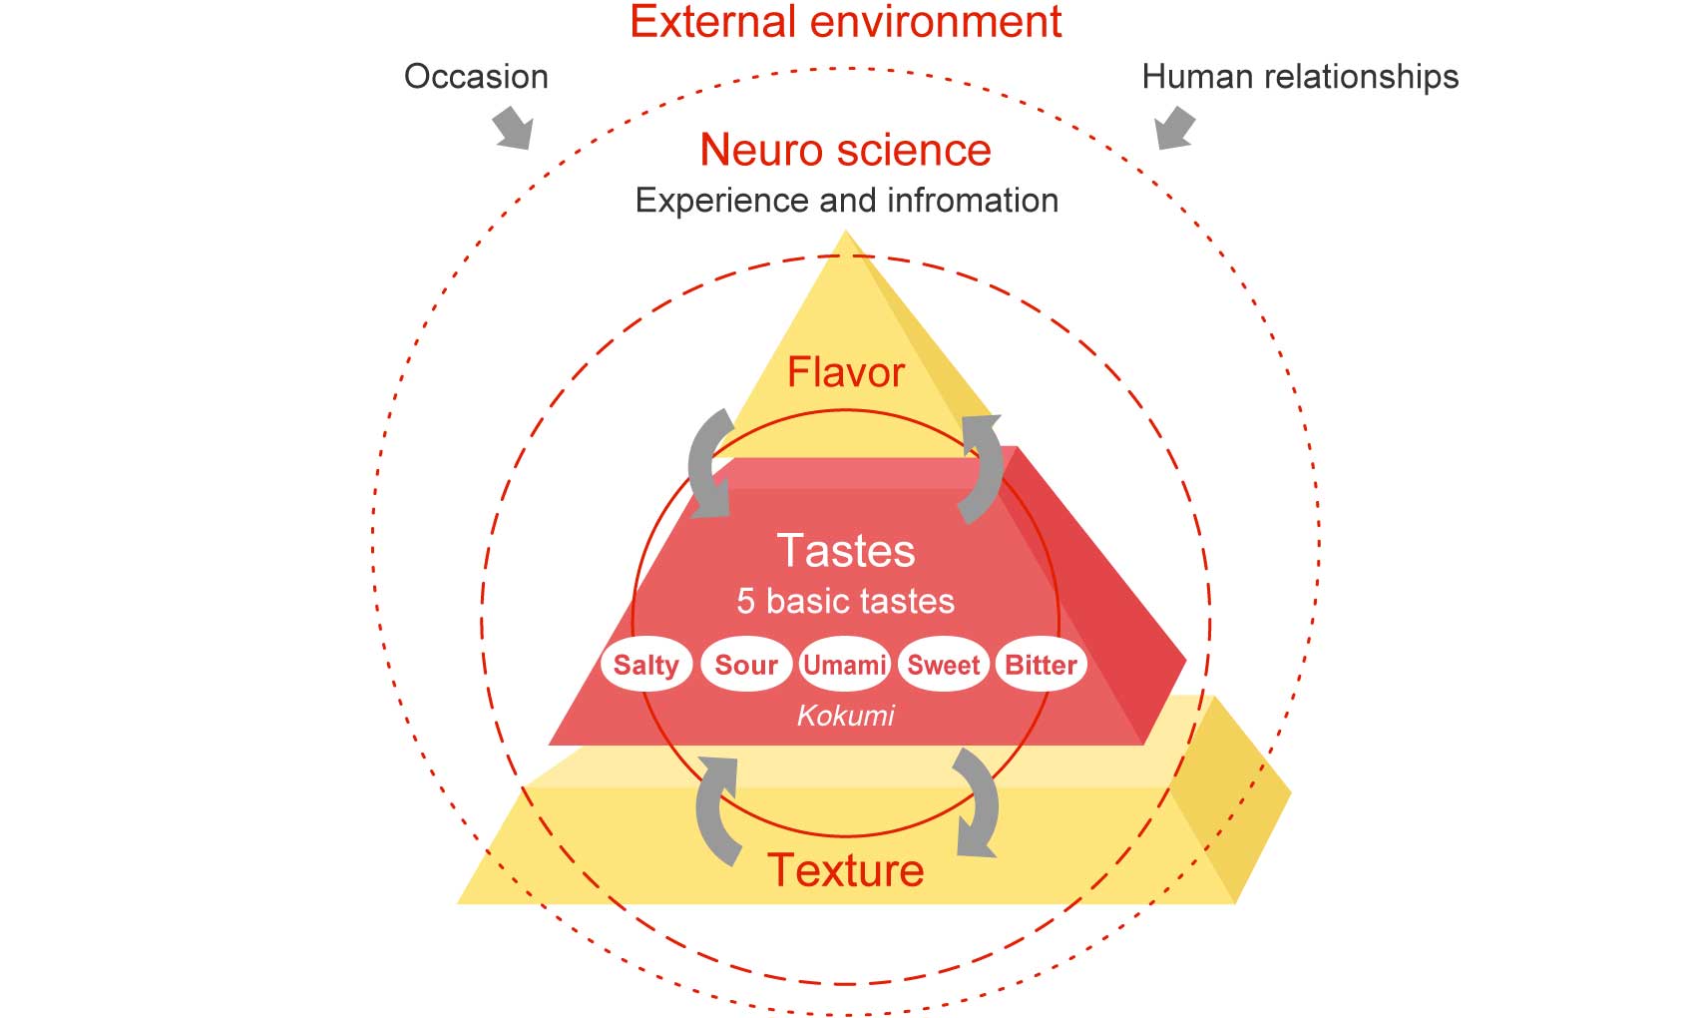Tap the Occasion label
click(x=476, y=76)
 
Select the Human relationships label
click(x=1300, y=76)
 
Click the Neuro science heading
click(x=845, y=150)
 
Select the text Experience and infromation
click(x=847, y=201)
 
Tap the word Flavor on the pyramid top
click(x=845, y=372)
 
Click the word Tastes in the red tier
click(x=845, y=550)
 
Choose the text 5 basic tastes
click(x=845, y=602)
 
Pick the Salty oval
click(x=645, y=665)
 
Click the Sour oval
click(x=746, y=665)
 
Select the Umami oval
click(x=844, y=665)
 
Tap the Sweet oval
click(x=944, y=665)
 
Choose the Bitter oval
click(x=1041, y=665)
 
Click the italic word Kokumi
click(x=845, y=716)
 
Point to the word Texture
click(x=845, y=870)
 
